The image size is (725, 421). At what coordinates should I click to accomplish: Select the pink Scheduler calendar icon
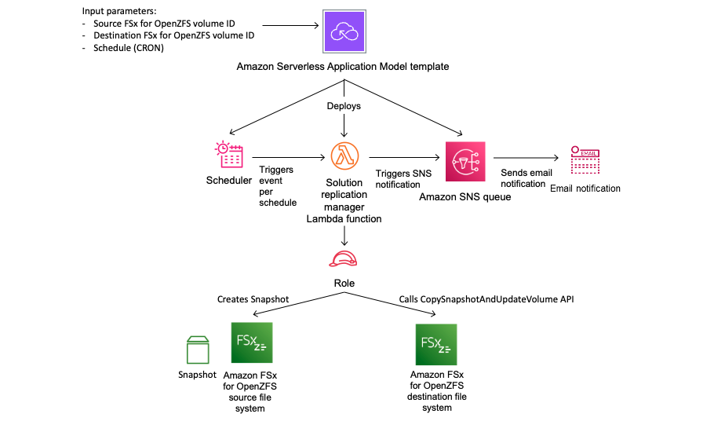[x=228, y=155]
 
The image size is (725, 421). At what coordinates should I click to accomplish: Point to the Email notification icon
[x=585, y=159]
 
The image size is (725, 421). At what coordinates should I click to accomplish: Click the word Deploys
[x=344, y=105]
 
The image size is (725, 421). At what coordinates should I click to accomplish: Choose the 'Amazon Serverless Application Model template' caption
[x=343, y=67]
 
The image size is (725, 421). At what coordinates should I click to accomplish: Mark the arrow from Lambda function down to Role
[x=344, y=234]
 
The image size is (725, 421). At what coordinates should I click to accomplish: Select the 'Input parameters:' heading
[x=117, y=13]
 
